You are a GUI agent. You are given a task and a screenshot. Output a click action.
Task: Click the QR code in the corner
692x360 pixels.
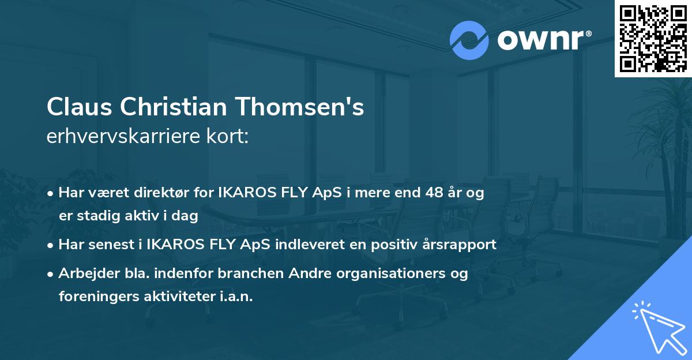point(653,38)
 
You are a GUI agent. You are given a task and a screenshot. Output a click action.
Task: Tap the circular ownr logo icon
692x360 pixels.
point(469,40)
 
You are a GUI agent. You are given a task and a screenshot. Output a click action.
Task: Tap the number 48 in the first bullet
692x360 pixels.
point(434,193)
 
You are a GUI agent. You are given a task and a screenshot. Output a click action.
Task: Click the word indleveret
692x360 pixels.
point(317,245)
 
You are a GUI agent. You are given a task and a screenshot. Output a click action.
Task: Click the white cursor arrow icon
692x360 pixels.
point(657,326)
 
